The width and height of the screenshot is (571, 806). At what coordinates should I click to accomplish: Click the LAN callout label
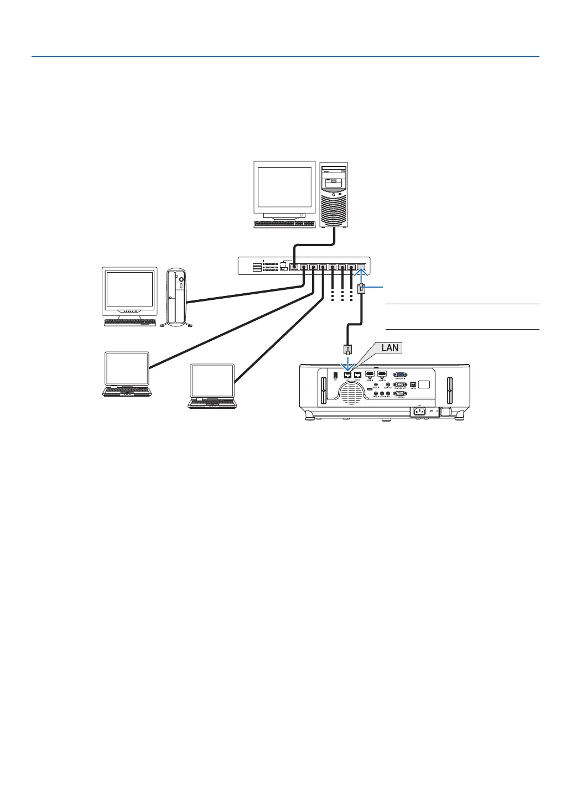click(x=390, y=348)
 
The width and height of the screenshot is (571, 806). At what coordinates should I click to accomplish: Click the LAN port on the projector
click(x=348, y=375)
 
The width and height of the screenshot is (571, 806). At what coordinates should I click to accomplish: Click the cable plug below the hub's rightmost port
click(x=361, y=288)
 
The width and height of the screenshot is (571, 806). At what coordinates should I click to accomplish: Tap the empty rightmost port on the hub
click(x=361, y=268)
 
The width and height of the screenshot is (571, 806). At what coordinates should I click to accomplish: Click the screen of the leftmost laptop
click(x=127, y=368)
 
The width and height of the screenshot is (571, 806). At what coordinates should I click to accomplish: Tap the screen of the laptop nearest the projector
click(x=212, y=381)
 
